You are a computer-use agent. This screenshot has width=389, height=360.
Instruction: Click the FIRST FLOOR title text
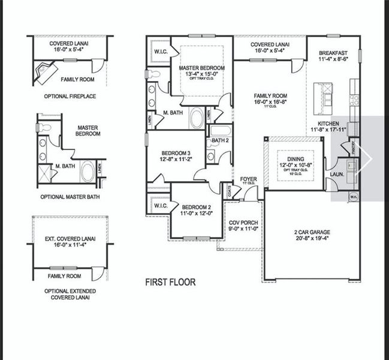(170, 281)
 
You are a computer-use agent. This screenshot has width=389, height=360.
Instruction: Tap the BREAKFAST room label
(333, 53)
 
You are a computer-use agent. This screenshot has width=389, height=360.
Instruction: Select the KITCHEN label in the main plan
(324, 123)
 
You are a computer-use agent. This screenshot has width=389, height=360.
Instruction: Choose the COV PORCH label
(243, 223)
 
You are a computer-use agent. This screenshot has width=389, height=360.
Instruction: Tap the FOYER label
(248, 179)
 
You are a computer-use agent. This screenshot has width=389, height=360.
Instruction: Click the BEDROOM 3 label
(176, 153)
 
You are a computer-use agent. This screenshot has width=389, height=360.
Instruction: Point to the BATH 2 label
(220, 140)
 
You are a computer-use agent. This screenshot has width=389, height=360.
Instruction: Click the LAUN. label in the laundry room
(336, 175)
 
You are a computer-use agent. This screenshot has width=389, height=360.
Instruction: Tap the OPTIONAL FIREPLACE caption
(70, 96)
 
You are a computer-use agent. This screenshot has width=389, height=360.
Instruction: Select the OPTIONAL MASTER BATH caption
(70, 197)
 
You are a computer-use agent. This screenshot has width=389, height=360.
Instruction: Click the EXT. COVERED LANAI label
(70, 239)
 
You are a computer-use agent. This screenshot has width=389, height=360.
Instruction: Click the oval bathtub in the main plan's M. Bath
(197, 118)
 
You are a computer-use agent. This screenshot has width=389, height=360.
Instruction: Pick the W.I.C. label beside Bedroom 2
(160, 206)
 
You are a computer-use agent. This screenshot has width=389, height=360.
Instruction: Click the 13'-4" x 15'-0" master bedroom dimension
(202, 74)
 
